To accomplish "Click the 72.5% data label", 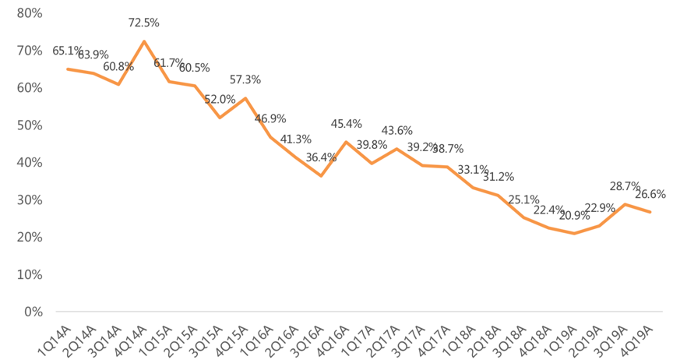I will (x=143, y=23).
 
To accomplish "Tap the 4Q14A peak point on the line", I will (x=143, y=41).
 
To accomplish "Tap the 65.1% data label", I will (x=67, y=51).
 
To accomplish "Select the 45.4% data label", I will (x=347, y=124).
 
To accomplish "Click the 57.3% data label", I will (x=245, y=80).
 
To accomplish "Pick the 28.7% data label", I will (x=625, y=187).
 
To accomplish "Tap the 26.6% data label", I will (x=650, y=194).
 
